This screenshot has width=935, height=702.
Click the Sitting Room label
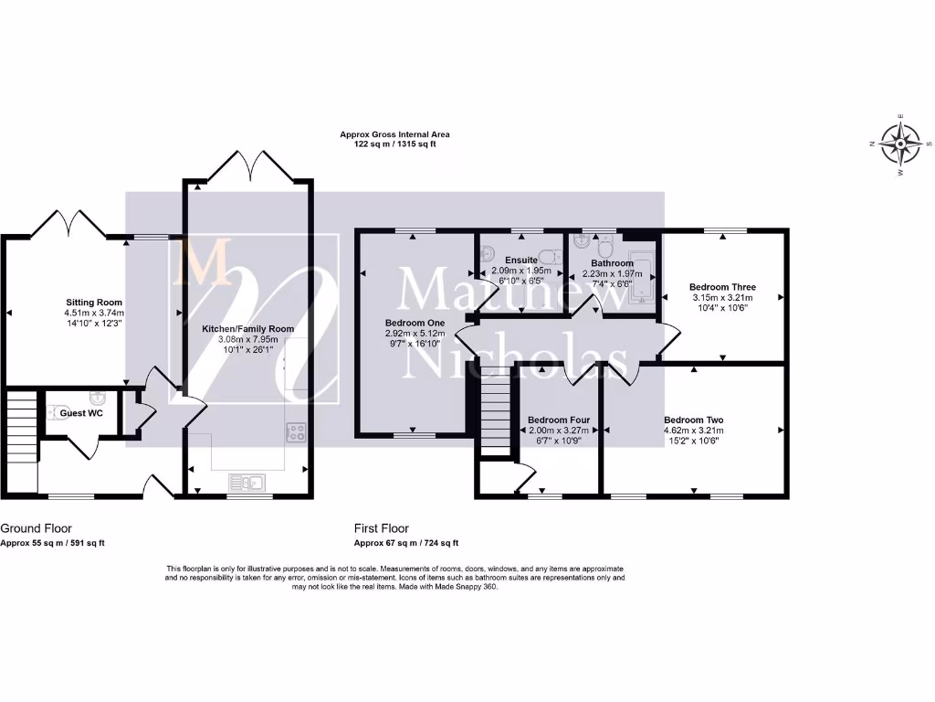[94, 303]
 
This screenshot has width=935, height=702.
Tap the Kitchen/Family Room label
[248, 328]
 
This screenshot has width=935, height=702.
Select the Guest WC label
[81, 413]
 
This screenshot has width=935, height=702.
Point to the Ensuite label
[521, 261]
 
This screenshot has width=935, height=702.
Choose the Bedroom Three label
[722, 287]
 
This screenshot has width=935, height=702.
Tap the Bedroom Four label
[559, 420]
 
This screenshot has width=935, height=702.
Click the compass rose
[901, 144]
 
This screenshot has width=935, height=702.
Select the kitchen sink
[247, 482]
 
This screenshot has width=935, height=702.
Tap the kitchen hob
[296, 431]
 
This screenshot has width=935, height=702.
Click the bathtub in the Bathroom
[643, 274]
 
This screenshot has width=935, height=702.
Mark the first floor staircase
[494, 409]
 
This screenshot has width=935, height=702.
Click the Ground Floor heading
[37, 528]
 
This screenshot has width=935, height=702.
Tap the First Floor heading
[382, 528]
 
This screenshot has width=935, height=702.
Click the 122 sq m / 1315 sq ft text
[394, 144]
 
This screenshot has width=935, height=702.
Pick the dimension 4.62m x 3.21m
[693, 431]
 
